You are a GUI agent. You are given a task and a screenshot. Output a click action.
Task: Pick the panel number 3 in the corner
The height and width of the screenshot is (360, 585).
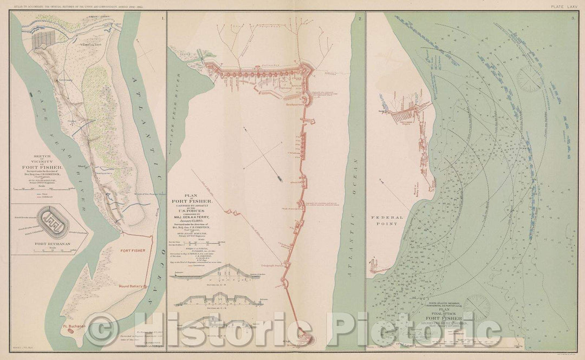coord(573,19)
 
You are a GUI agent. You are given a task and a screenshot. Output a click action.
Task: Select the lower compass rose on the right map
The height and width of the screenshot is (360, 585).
coord(477,306)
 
